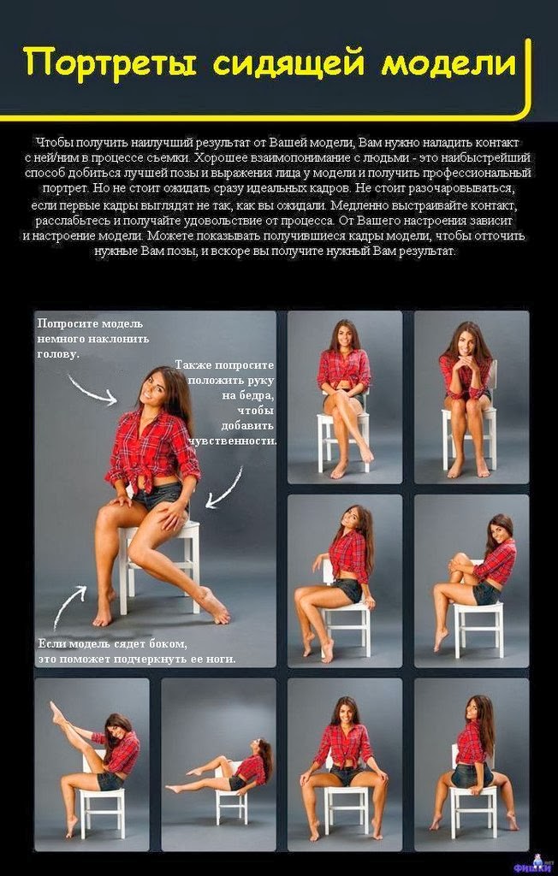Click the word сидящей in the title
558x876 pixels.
289,62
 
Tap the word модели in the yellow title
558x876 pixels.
448,62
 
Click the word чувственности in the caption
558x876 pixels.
233,441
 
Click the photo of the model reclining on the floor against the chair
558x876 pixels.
218,764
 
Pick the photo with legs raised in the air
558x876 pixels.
92,764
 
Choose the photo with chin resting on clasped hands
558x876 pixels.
472,397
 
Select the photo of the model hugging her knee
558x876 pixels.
472,581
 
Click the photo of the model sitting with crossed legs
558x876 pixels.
344,397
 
